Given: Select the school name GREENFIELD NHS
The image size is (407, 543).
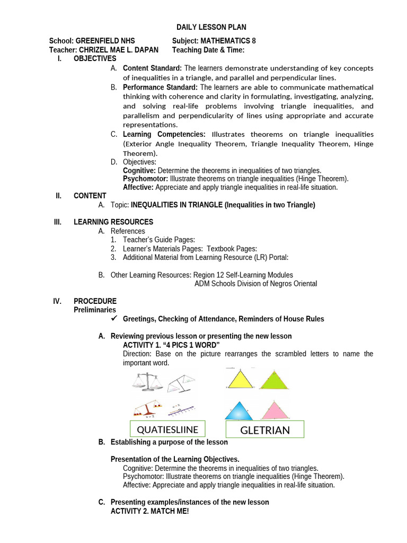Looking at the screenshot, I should click(105, 41).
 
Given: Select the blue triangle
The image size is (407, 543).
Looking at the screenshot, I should click(240, 411).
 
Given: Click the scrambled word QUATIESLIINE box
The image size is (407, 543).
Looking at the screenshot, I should click(167, 428).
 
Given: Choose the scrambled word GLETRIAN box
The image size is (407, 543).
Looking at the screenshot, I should click(265, 430).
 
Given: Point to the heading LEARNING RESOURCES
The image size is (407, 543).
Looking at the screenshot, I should click(113, 222).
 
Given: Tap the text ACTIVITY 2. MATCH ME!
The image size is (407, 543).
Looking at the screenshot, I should click(149, 511).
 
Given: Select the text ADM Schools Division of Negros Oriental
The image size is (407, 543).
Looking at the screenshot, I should click(255, 284).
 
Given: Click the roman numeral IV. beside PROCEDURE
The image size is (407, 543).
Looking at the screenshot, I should click(58, 301).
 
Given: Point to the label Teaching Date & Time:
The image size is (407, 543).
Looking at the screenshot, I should click(208, 50).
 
